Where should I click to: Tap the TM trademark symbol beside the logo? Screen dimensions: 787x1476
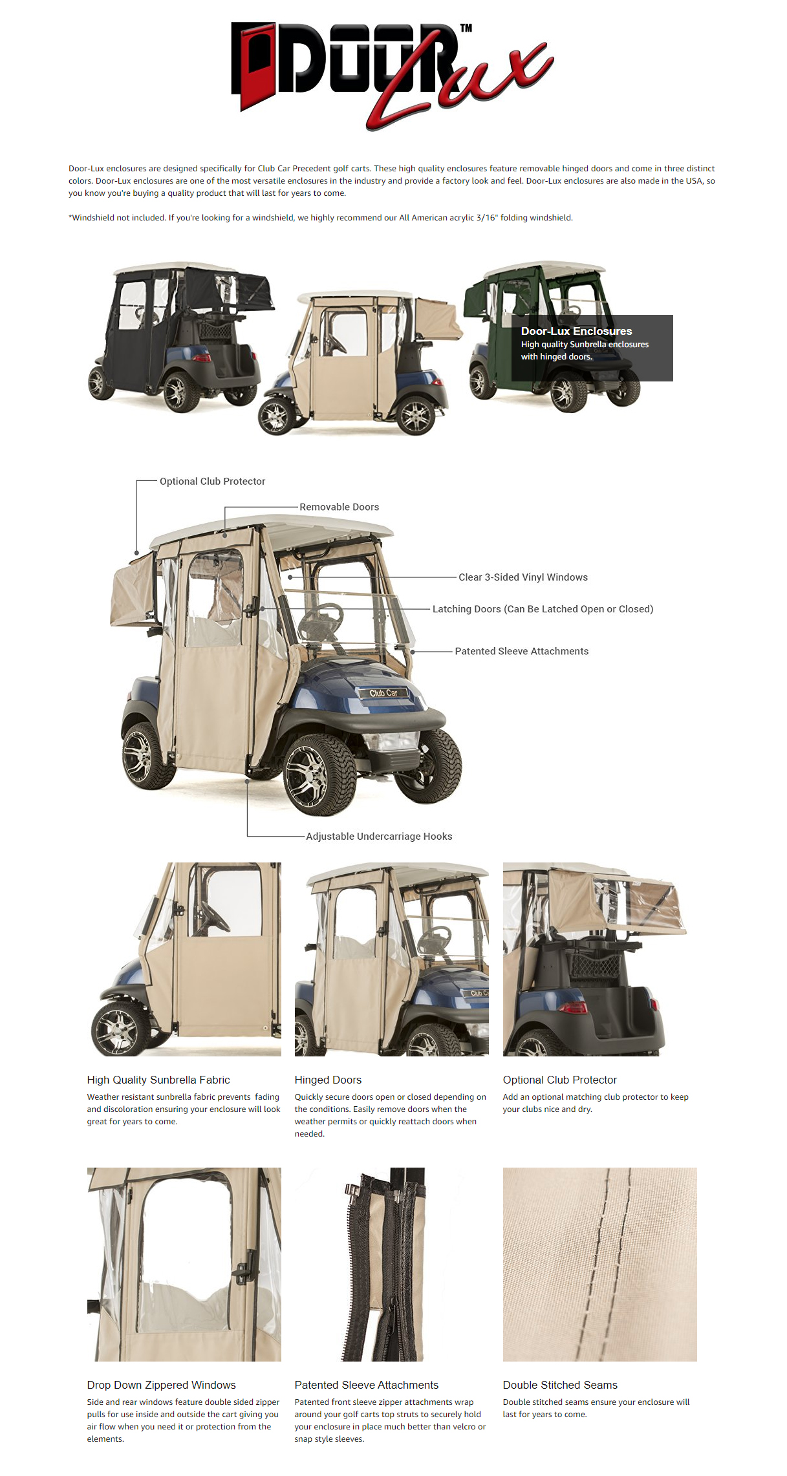tap(466, 28)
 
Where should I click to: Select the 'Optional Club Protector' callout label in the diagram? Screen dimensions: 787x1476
tap(212, 481)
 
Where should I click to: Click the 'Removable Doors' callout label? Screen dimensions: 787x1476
tap(339, 507)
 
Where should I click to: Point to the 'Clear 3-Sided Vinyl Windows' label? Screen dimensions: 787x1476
tap(523, 577)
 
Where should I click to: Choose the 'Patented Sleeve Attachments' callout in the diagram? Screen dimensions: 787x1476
tap(521, 651)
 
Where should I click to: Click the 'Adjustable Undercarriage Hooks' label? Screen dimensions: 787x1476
tap(379, 836)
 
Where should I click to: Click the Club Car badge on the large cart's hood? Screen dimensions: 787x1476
tap(383, 693)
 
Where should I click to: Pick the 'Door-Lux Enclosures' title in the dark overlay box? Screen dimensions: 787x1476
tap(576, 331)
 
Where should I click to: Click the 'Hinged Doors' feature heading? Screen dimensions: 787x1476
tap(328, 1080)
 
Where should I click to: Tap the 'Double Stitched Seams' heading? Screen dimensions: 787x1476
tap(560, 1385)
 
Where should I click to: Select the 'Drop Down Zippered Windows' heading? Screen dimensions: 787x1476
tap(161, 1385)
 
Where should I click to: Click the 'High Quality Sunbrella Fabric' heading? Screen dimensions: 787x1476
tap(158, 1080)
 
